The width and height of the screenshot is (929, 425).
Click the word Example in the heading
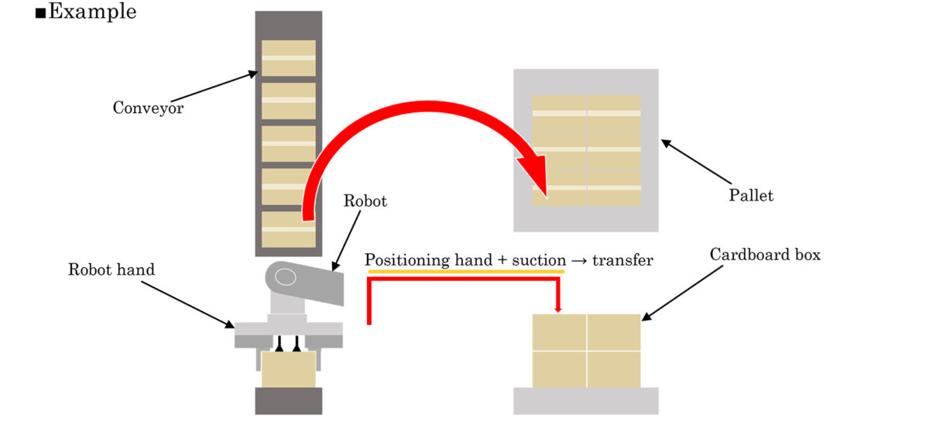coord(93,12)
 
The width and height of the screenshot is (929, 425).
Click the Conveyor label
coord(148,108)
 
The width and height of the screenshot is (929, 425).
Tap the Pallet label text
coord(751,195)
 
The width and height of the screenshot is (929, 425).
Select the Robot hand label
coord(111,270)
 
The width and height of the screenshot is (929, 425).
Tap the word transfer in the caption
coord(622,260)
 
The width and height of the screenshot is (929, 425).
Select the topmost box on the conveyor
coord(289,58)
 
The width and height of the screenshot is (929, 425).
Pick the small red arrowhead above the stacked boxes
coord(558,310)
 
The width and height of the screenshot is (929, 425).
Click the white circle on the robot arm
coord(286,276)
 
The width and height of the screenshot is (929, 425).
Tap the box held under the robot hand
coord(289,370)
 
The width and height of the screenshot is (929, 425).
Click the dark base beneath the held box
coord(289,401)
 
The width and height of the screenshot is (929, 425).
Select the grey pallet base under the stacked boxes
coord(586,400)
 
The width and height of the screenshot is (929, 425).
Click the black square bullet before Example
coord(40,13)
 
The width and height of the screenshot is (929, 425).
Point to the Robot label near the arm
coord(365,201)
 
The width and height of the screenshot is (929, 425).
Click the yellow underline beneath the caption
coord(467,272)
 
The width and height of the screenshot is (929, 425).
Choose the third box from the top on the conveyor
coord(289,144)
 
